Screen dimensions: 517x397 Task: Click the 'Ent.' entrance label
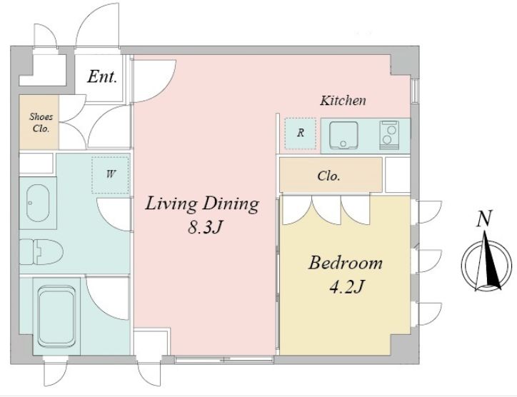pyautogui.click(x=102, y=76)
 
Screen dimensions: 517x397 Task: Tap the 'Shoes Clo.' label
pyautogui.click(x=41, y=122)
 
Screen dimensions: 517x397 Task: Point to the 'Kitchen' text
pyautogui.click(x=343, y=101)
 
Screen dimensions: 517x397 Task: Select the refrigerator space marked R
pyautogui.click(x=301, y=134)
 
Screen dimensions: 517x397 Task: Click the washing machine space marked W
pyautogui.click(x=110, y=175)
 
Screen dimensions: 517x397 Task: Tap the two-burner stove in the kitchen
pyautogui.click(x=389, y=135)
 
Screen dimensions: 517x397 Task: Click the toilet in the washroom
pyautogui.click(x=41, y=252)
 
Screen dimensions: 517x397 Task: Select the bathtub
pyautogui.click(x=56, y=317)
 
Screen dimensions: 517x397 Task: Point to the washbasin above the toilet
pyautogui.click(x=38, y=203)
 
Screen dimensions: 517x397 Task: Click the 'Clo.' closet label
pyautogui.click(x=328, y=176)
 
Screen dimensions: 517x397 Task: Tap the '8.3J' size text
pyautogui.click(x=204, y=227)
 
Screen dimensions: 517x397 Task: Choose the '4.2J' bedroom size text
pyautogui.click(x=346, y=286)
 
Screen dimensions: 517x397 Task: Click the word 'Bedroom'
pyautogui.click(x=346, y=263)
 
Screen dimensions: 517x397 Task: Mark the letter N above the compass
pyautogui.click(x=484, y=218)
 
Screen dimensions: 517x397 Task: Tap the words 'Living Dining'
pyautogui.click(x=202, y=203)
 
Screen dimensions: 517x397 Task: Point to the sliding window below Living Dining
pyautogui.click(x=224, y=359)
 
